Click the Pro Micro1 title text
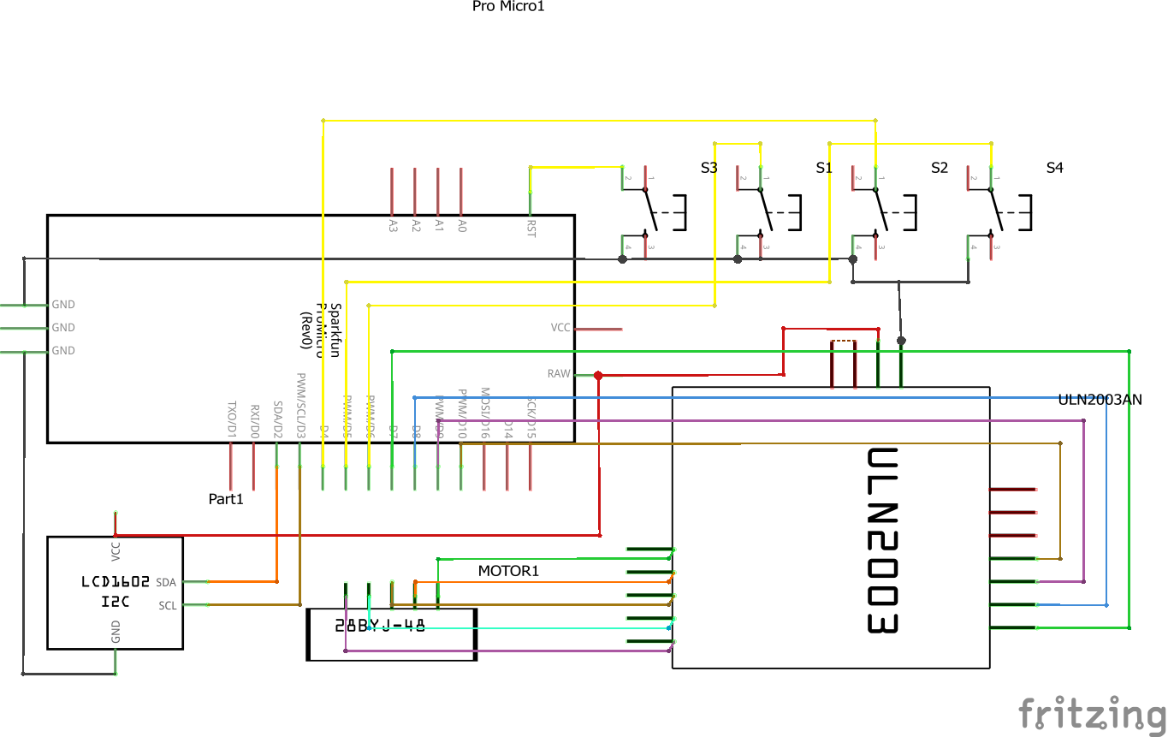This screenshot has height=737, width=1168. pyautogui.click(x=507, y=7)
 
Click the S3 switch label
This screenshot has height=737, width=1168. pyautogui.click(x=709, y=168)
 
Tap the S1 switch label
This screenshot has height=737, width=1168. pyautogui.click(x=823, y=168)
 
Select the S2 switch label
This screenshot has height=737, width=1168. pyautogui.click(x=939, y=168)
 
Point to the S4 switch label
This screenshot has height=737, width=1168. pyautogui.click(x=1054, y=168)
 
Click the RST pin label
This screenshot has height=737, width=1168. pyautogui.click(x=531, y=229)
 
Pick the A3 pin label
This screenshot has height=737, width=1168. pyautogui.click(x=393, y=226)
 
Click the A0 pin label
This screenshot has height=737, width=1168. pyautogui.click(x=462, y=226)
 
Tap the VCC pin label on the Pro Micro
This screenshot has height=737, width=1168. pyautogui.click(x=560, y=328)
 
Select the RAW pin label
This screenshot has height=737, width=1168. pyautogui.click(x=558, y=374)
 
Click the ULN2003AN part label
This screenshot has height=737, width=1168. pyautogui.click(x=1100, y=399)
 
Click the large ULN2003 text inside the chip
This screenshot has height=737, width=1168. pyautogui.click(x=881, y=541)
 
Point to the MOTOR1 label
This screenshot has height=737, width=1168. pyautogui.click(x=508, y=571)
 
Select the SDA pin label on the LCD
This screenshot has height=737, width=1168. pyautogui.click(x=166, y=582)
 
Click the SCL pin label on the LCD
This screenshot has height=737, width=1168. pyautogui.click(x=167, y=605)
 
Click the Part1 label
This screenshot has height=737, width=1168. pyautogui.click(x=226, y=499)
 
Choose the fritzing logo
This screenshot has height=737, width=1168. pyautogui.click(x=1092, y=713)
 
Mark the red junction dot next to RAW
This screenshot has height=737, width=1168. pyautogui.click(x=598, y=375)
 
